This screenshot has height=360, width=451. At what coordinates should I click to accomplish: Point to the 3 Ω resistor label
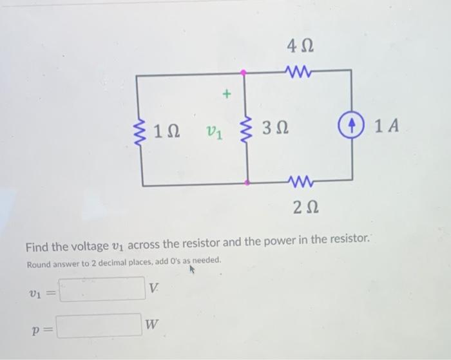coord(275,131)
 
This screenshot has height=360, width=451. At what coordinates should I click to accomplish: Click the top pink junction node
coord(244,73)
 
